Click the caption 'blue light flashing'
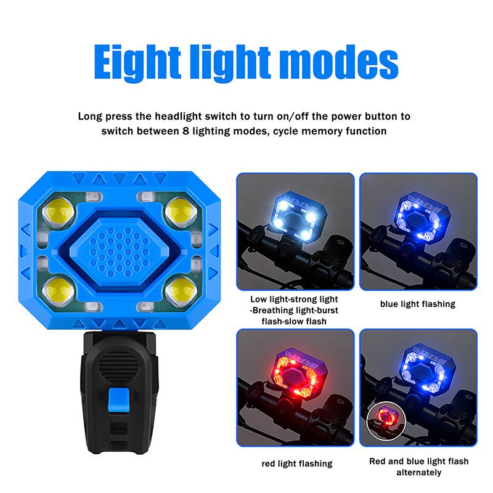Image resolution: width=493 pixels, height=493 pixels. point(418,304)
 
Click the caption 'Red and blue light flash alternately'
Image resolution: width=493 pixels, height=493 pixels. point(418,467)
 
